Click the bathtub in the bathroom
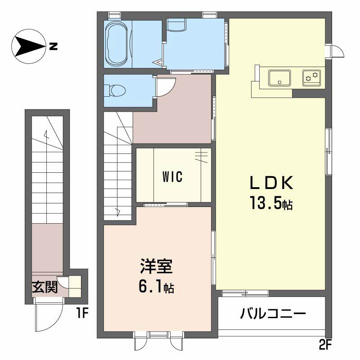tap(117, 44)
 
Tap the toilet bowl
tap(117, 90)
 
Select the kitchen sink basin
tap(279, 78)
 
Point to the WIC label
tap(172, 176)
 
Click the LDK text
tap(272, 183)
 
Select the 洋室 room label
tap(156, 266)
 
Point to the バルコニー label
tap(273, 313)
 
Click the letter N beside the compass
tap(53, 46)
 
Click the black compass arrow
tap(30, 46)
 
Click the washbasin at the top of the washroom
tap(176, 25)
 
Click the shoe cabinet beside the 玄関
tap(75, 286)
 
